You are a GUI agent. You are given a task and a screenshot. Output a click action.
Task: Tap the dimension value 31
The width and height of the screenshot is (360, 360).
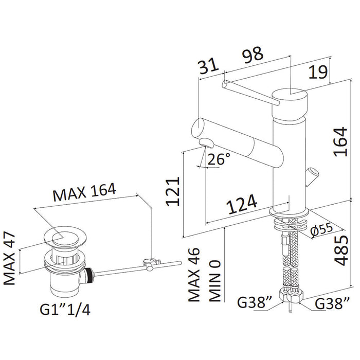click(208, 66)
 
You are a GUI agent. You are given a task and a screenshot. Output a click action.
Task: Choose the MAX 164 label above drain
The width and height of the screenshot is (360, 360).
click(85, 194)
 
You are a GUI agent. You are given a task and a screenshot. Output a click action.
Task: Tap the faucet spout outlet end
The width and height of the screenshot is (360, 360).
click(207, 142)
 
